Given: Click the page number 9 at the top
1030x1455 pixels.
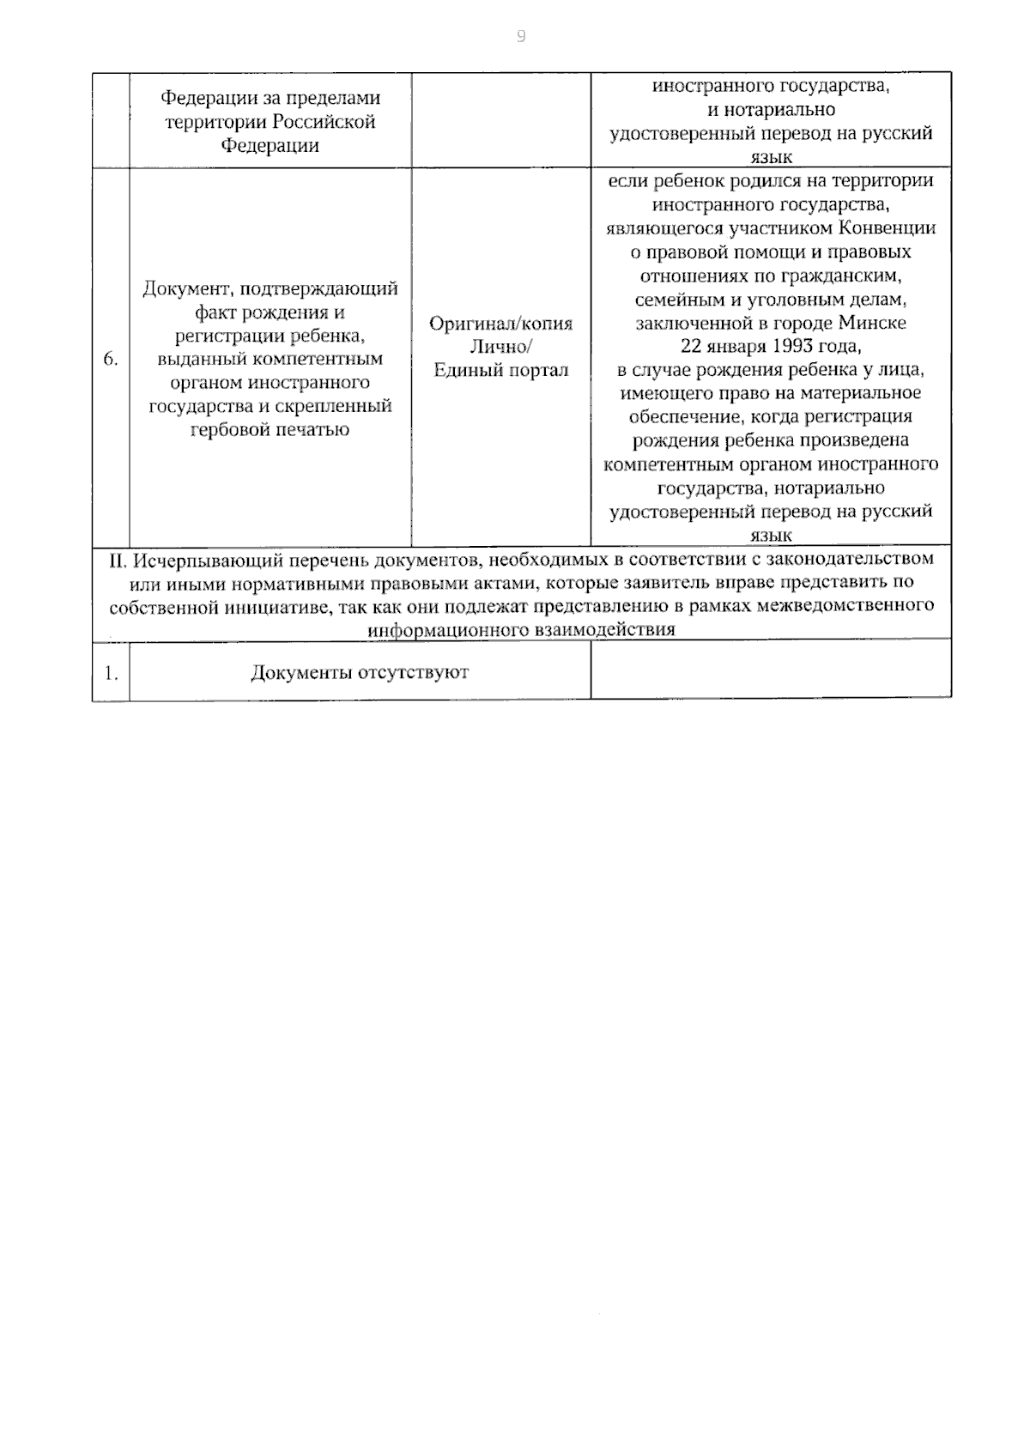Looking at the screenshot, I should (521, 36).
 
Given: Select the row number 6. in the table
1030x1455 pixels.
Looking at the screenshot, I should (111, 360).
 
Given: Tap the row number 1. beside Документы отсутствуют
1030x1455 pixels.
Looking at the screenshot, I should (111, 673).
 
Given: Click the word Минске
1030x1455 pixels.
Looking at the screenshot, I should (873, 324).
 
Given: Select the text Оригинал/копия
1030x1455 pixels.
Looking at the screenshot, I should (500, 324).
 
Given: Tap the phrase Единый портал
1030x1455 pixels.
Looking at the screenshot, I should (500, 371).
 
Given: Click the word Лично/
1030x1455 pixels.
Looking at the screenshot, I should (500, 347).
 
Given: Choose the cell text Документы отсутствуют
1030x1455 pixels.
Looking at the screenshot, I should (360, 672).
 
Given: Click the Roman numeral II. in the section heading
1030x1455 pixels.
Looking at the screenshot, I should (118, 560).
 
